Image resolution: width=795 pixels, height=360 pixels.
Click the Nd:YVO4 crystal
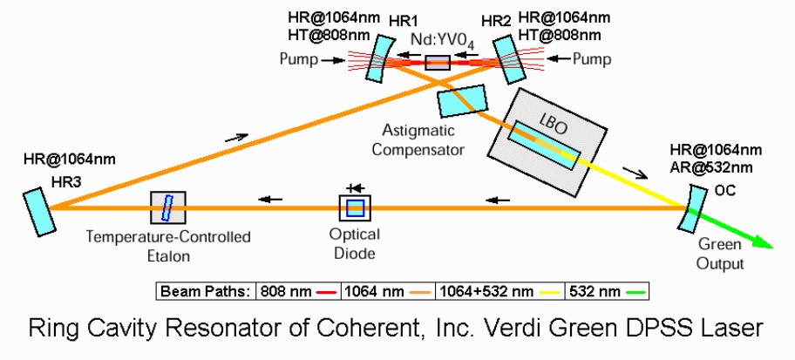tap(438, 62)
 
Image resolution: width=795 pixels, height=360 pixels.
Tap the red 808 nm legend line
tap(329, 291)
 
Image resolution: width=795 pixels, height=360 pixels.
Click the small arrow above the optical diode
tap(354, 187)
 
